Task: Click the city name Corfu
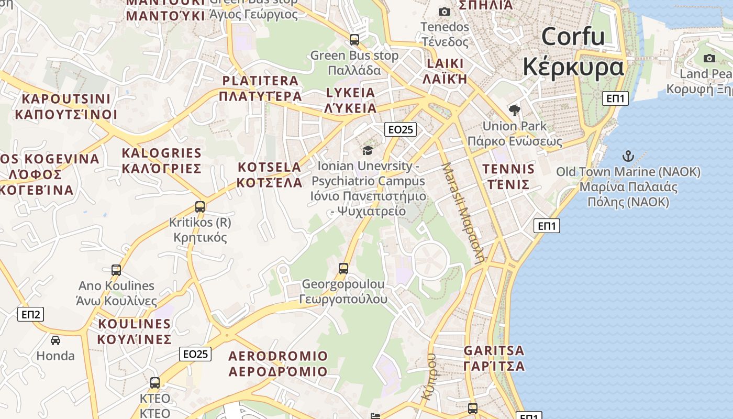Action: point(573,37)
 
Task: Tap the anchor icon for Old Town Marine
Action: point(627,156)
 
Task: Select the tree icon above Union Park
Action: point(514,111)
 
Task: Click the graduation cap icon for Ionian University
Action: point(368,151)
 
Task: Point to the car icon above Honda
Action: point(55,340)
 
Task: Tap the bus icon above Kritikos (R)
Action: point(200,207)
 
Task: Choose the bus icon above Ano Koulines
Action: point(116,270)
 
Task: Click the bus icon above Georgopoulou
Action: point(343,269)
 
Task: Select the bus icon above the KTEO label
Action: point(155,383)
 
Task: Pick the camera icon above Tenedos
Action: point(444,12)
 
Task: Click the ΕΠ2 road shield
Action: point(31,314)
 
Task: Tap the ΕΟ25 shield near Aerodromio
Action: point(196,354)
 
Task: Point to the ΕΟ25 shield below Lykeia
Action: point(400,129)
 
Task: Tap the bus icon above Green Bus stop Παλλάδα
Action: point(354,39)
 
